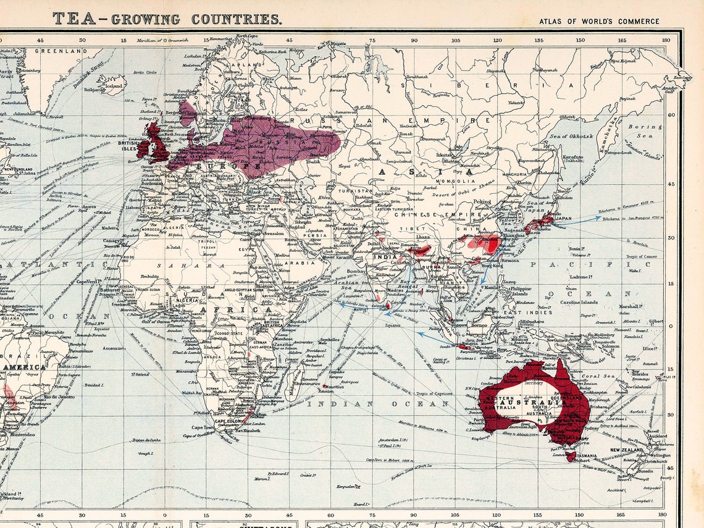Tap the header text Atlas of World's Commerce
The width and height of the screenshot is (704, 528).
click(599, 21)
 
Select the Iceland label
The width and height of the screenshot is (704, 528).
click(114, 86)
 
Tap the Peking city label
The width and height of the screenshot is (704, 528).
click(482, 201)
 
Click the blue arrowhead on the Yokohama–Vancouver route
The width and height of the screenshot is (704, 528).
click(597, 217)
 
